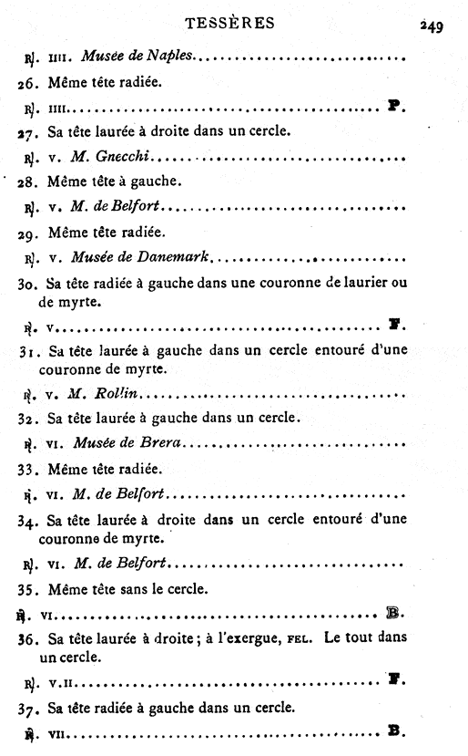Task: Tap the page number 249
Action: pyautogui.click(x=431, y=26)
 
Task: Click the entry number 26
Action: pyautogui.click(x=27, y=83)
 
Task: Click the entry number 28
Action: pyautogui.click(x=28, y=183)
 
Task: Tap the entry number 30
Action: pyautogui.click(x=28, y=283)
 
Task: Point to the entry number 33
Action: pyautogui.click(x=28, y=471)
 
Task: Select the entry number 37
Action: pyautogui.click(x=28, y=707)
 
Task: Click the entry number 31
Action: pyautogui.click(x=28, y=351)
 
